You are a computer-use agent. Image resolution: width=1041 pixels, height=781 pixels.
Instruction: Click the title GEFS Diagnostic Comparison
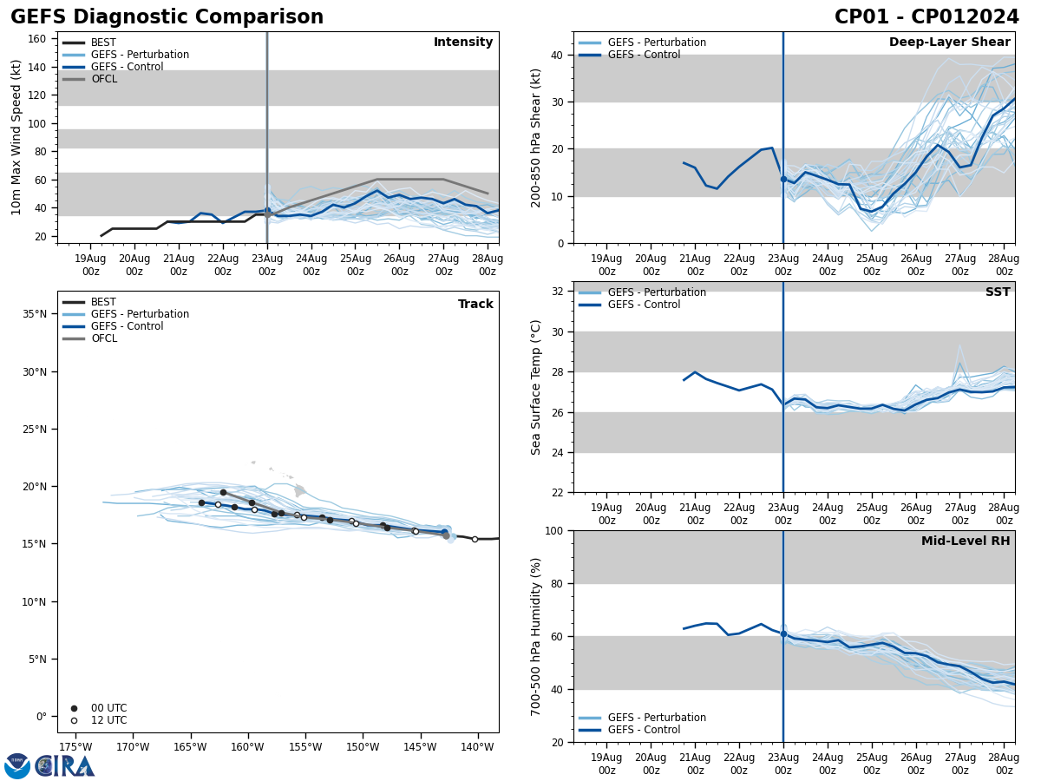(x=167, y=17)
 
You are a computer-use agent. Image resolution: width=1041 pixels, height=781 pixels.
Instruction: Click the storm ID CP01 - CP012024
(x=926, y=17)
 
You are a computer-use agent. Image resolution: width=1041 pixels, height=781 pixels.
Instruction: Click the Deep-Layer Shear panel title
(x=949, y=43)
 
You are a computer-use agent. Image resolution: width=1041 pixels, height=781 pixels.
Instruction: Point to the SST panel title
(x=997, y=292)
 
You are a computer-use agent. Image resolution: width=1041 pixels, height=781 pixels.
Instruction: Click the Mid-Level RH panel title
(x=966, y=541)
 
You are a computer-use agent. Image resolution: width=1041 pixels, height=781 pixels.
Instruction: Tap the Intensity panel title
(x=463, y=43)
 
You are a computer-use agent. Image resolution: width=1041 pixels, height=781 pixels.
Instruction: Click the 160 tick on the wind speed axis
(x=37, y=38)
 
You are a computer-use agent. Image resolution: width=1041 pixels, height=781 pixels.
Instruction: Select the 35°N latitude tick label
(x=35, y=314)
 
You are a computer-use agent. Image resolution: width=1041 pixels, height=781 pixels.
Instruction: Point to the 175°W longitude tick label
(x=75, y=747)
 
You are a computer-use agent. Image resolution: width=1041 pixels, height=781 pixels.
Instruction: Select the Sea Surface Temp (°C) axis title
(x=537, y=387)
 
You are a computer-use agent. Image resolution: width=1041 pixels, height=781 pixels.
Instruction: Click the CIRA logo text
(x=65, y=766)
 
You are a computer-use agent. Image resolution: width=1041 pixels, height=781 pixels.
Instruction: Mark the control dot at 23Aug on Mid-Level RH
(x=783, y=633)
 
